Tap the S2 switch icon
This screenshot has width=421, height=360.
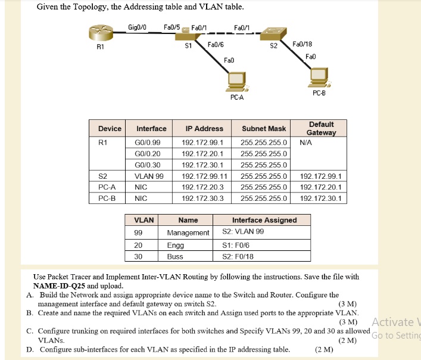tap(275, 33)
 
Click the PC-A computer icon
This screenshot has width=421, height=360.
tap(236, 80)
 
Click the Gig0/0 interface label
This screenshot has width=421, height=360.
tap(138, 27)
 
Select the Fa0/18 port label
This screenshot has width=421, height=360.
tap(303, 44)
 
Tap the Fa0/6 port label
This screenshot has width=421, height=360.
tap(215, 45)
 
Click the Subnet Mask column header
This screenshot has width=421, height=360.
tap(264, 129)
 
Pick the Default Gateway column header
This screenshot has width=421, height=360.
tap(321, 128)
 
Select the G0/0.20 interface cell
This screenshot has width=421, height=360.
tap(148, 154)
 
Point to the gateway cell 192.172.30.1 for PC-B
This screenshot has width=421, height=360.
tap(321, 198)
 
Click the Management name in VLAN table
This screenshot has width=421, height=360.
tap(188, 232)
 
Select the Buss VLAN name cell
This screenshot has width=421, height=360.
tap(175, 257)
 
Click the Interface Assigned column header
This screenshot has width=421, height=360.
tap(264, 220)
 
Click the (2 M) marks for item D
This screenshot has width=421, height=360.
tap(324, 349)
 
